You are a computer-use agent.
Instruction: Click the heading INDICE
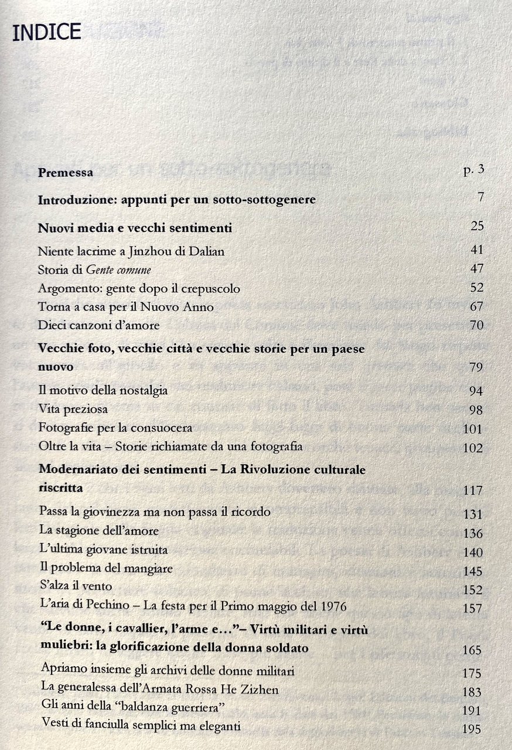(46, 32)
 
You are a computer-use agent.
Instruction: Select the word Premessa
(66, 173)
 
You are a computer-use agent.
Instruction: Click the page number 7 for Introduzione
(480, 197)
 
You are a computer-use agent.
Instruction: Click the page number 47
(476, 269)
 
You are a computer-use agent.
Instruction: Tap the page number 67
(476, 306)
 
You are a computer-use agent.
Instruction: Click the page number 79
(475, 367)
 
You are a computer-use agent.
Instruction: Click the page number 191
(472, 711)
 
